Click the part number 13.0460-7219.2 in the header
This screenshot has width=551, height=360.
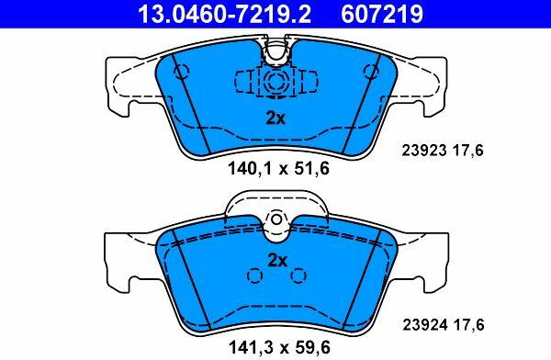click(225, 14)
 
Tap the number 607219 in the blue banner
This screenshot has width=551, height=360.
click(382, 14)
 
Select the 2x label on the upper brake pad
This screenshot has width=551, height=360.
click(275, 118)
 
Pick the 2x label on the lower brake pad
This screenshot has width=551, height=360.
click(277, 261)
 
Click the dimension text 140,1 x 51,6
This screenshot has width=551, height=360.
click(278, 168)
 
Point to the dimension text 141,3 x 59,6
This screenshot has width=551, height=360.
click(279, 347)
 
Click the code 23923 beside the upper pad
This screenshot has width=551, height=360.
click(424, 151)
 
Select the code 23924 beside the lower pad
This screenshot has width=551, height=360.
click(425, 324)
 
